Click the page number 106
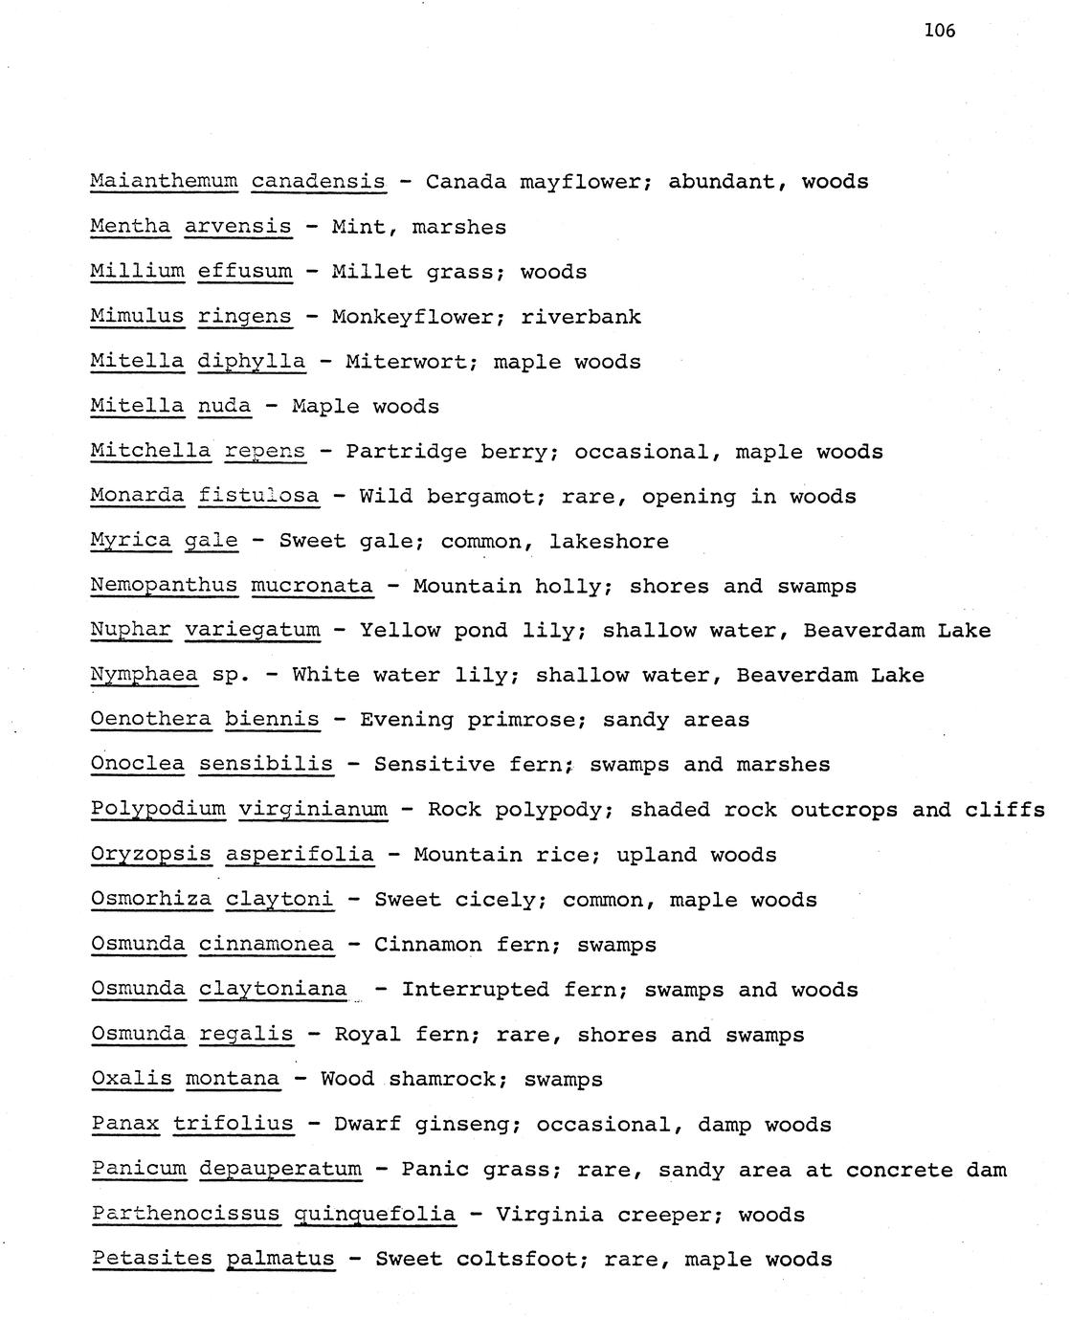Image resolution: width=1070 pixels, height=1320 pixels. pos(939,31)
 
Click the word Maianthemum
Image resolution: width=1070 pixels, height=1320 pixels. pos(163,181)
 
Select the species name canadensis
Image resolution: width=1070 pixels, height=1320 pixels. pos(318,181)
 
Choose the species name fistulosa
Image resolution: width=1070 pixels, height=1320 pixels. pos(258,497)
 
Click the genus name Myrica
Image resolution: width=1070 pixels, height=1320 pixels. pos(130,542)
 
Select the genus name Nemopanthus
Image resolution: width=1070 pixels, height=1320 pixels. pos(164,586)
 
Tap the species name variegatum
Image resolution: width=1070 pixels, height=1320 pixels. pos(252,631)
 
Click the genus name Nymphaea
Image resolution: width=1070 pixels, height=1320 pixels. pos(144,676)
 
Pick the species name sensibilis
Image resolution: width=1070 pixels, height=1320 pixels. pos(266,765)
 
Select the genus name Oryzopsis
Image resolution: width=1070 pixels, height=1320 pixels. pos(150,855)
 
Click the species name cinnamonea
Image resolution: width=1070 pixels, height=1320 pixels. pos(266,945)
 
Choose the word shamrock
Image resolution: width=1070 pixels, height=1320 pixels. pos(441,1080)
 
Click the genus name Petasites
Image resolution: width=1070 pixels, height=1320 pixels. pos(152,1259)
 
